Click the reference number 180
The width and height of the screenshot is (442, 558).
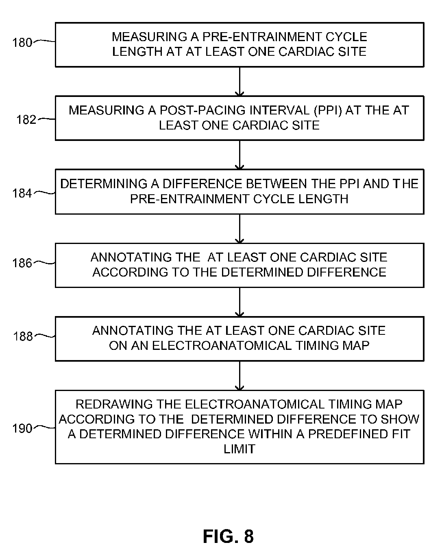tap(22, 42)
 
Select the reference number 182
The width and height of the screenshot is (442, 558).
tap(26, 119)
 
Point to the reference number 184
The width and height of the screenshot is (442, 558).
tap(22, 193)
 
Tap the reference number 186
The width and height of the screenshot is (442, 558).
tap(22, 263)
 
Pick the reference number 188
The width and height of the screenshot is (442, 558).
tap(23, 336)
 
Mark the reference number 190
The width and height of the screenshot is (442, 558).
tap(22, 428)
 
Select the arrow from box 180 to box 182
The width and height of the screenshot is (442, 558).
tap(240, 81)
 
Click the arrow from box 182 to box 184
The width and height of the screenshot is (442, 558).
tap(240, 155)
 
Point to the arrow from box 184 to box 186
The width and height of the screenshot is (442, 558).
tap(240, 228)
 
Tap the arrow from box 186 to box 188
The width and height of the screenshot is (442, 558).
tap(240, 302)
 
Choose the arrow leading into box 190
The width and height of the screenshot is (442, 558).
tap(240, 376)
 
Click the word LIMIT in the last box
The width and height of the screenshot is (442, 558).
tap(239, 449)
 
